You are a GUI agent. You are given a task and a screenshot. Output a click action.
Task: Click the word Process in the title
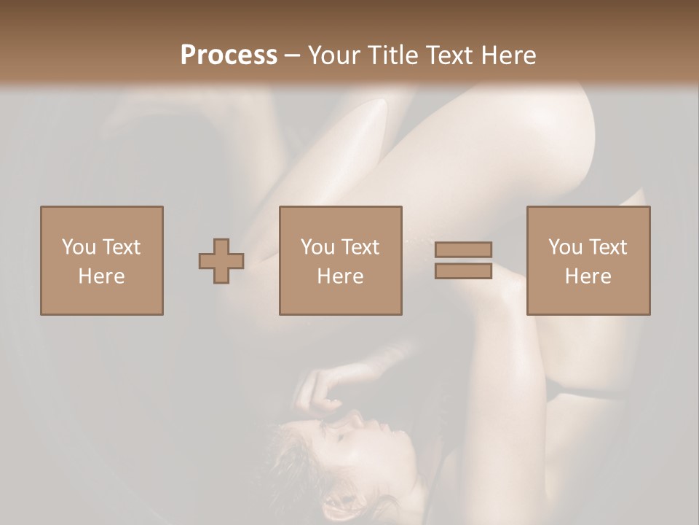[x=229, y=55]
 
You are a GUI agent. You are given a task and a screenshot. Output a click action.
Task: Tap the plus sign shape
[x=221, y=261]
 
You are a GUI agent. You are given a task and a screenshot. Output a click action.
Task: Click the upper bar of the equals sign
[x=463, y=249]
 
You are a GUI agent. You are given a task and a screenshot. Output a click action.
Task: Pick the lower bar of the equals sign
[x=463, y=271]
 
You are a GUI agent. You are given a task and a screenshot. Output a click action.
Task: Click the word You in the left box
[x=79, y=247]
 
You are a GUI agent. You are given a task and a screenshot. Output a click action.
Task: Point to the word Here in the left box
[x=102, y=276]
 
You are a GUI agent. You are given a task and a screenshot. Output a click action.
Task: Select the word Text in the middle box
[x=360, y=247]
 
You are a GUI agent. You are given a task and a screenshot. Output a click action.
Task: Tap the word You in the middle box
[x=317, y=247]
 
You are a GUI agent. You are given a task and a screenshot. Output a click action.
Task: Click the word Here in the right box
[x=588, y=276]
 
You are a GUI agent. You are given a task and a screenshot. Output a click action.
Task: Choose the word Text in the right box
[x=607, y=247]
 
